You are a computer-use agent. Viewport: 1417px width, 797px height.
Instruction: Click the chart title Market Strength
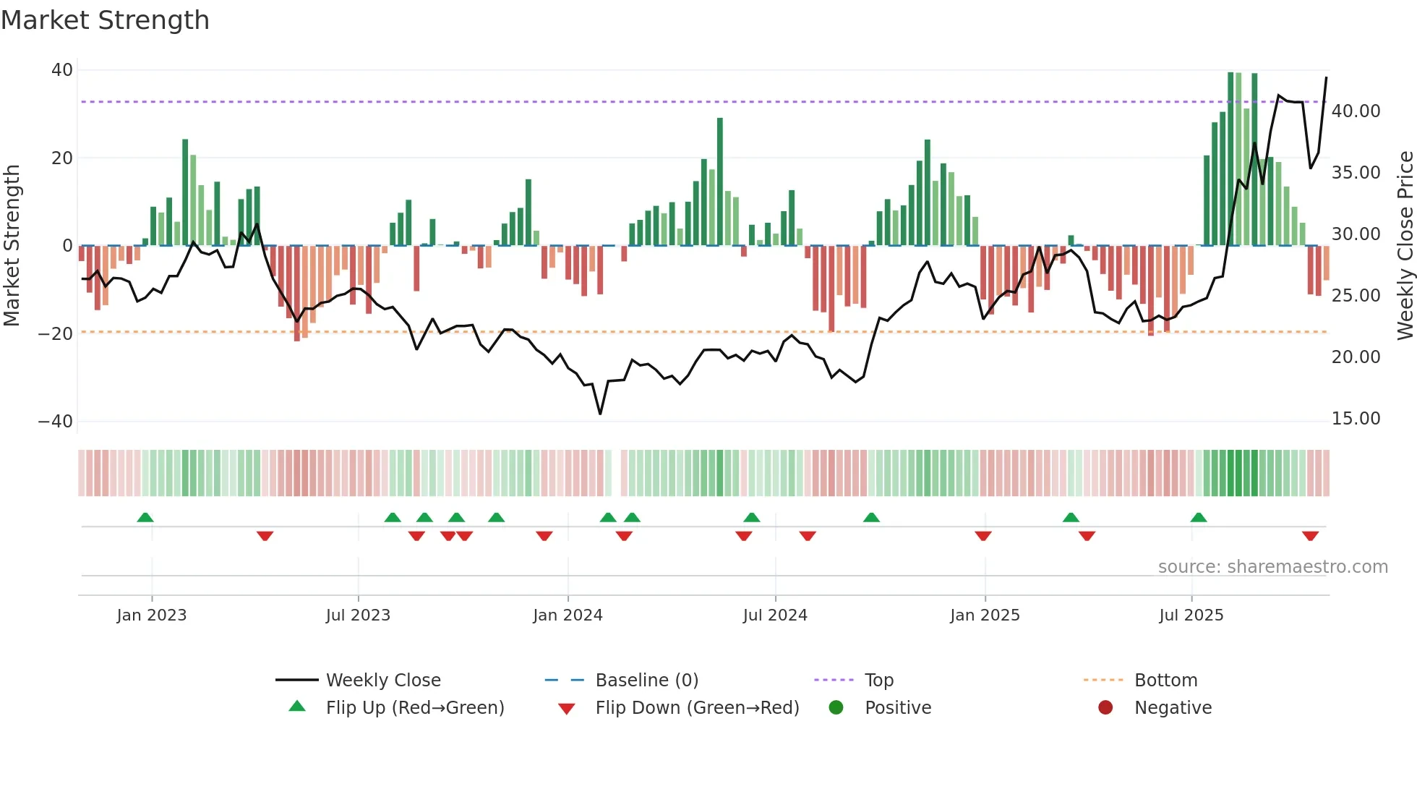105,20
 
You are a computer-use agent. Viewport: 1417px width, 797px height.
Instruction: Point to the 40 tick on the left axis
62,70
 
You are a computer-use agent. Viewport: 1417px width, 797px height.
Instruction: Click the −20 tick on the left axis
56,333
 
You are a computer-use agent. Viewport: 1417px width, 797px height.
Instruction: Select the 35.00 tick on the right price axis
1356,173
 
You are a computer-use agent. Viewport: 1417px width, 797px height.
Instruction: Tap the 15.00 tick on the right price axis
1356,419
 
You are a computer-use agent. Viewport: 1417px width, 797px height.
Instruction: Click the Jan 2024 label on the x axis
568,615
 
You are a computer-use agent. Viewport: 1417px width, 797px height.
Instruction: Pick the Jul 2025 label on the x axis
1191,615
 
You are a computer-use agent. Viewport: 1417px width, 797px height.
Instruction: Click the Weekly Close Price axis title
1405,246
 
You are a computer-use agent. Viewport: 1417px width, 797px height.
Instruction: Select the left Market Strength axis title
12,246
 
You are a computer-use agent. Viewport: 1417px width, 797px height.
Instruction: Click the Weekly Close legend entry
382,681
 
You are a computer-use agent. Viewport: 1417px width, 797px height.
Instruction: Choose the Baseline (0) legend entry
646,681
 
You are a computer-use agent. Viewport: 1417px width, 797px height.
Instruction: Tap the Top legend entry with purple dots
878,681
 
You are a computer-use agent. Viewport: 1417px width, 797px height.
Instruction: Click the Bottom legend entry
1165,681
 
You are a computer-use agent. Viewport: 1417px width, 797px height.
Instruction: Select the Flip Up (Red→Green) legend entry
414,708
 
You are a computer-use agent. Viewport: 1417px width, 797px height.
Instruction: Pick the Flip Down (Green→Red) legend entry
697,708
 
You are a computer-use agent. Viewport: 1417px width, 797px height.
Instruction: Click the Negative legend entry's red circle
1105,707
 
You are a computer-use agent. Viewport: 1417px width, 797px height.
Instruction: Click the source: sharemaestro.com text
1272,567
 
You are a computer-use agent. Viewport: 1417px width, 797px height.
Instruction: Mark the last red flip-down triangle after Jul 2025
1310,536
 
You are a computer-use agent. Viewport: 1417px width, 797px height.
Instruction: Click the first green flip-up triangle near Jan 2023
145,517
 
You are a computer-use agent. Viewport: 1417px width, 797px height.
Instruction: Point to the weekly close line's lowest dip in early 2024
600,413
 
